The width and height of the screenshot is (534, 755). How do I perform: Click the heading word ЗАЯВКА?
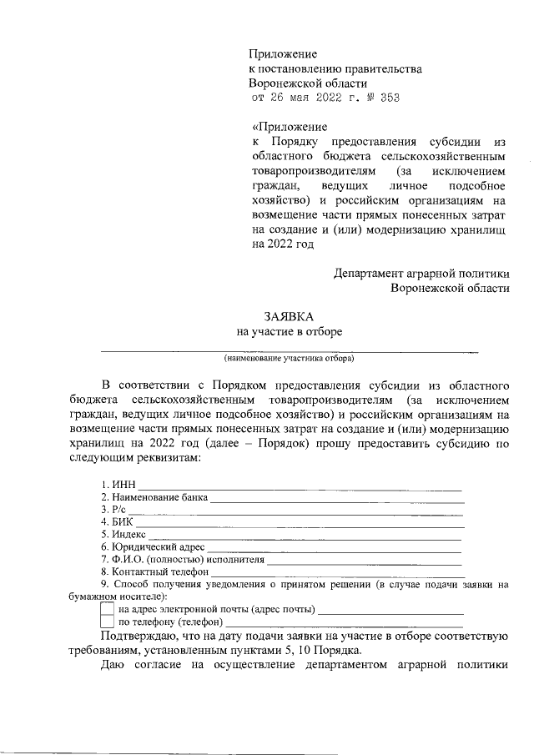click(289, 317)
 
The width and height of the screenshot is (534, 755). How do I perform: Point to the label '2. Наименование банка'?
click(154, 498)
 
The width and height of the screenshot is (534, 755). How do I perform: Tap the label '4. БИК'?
click(115, 522)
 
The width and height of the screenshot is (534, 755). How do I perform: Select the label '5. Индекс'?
click(123, 535)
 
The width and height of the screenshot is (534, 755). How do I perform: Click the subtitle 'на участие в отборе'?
click(289, 332)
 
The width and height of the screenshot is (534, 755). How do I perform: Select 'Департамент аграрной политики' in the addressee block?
click(421, 273)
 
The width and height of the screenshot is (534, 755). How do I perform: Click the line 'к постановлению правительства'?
click(335, 69)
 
